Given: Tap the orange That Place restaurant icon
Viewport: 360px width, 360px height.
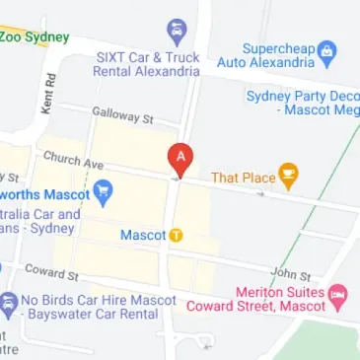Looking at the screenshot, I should click(x=289, y=177).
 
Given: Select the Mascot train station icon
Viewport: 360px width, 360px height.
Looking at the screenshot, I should click(x=176, y=235).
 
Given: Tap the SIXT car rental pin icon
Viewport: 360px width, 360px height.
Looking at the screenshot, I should click(x=177, y=30).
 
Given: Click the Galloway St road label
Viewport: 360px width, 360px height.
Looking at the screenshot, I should click(x=123, y=117).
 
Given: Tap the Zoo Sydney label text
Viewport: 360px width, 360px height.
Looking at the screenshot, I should click(x=35, y=37).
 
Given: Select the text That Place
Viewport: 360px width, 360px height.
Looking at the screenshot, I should click(x=243, y=178).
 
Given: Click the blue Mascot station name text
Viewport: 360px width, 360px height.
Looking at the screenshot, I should click(x=142, y=236).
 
